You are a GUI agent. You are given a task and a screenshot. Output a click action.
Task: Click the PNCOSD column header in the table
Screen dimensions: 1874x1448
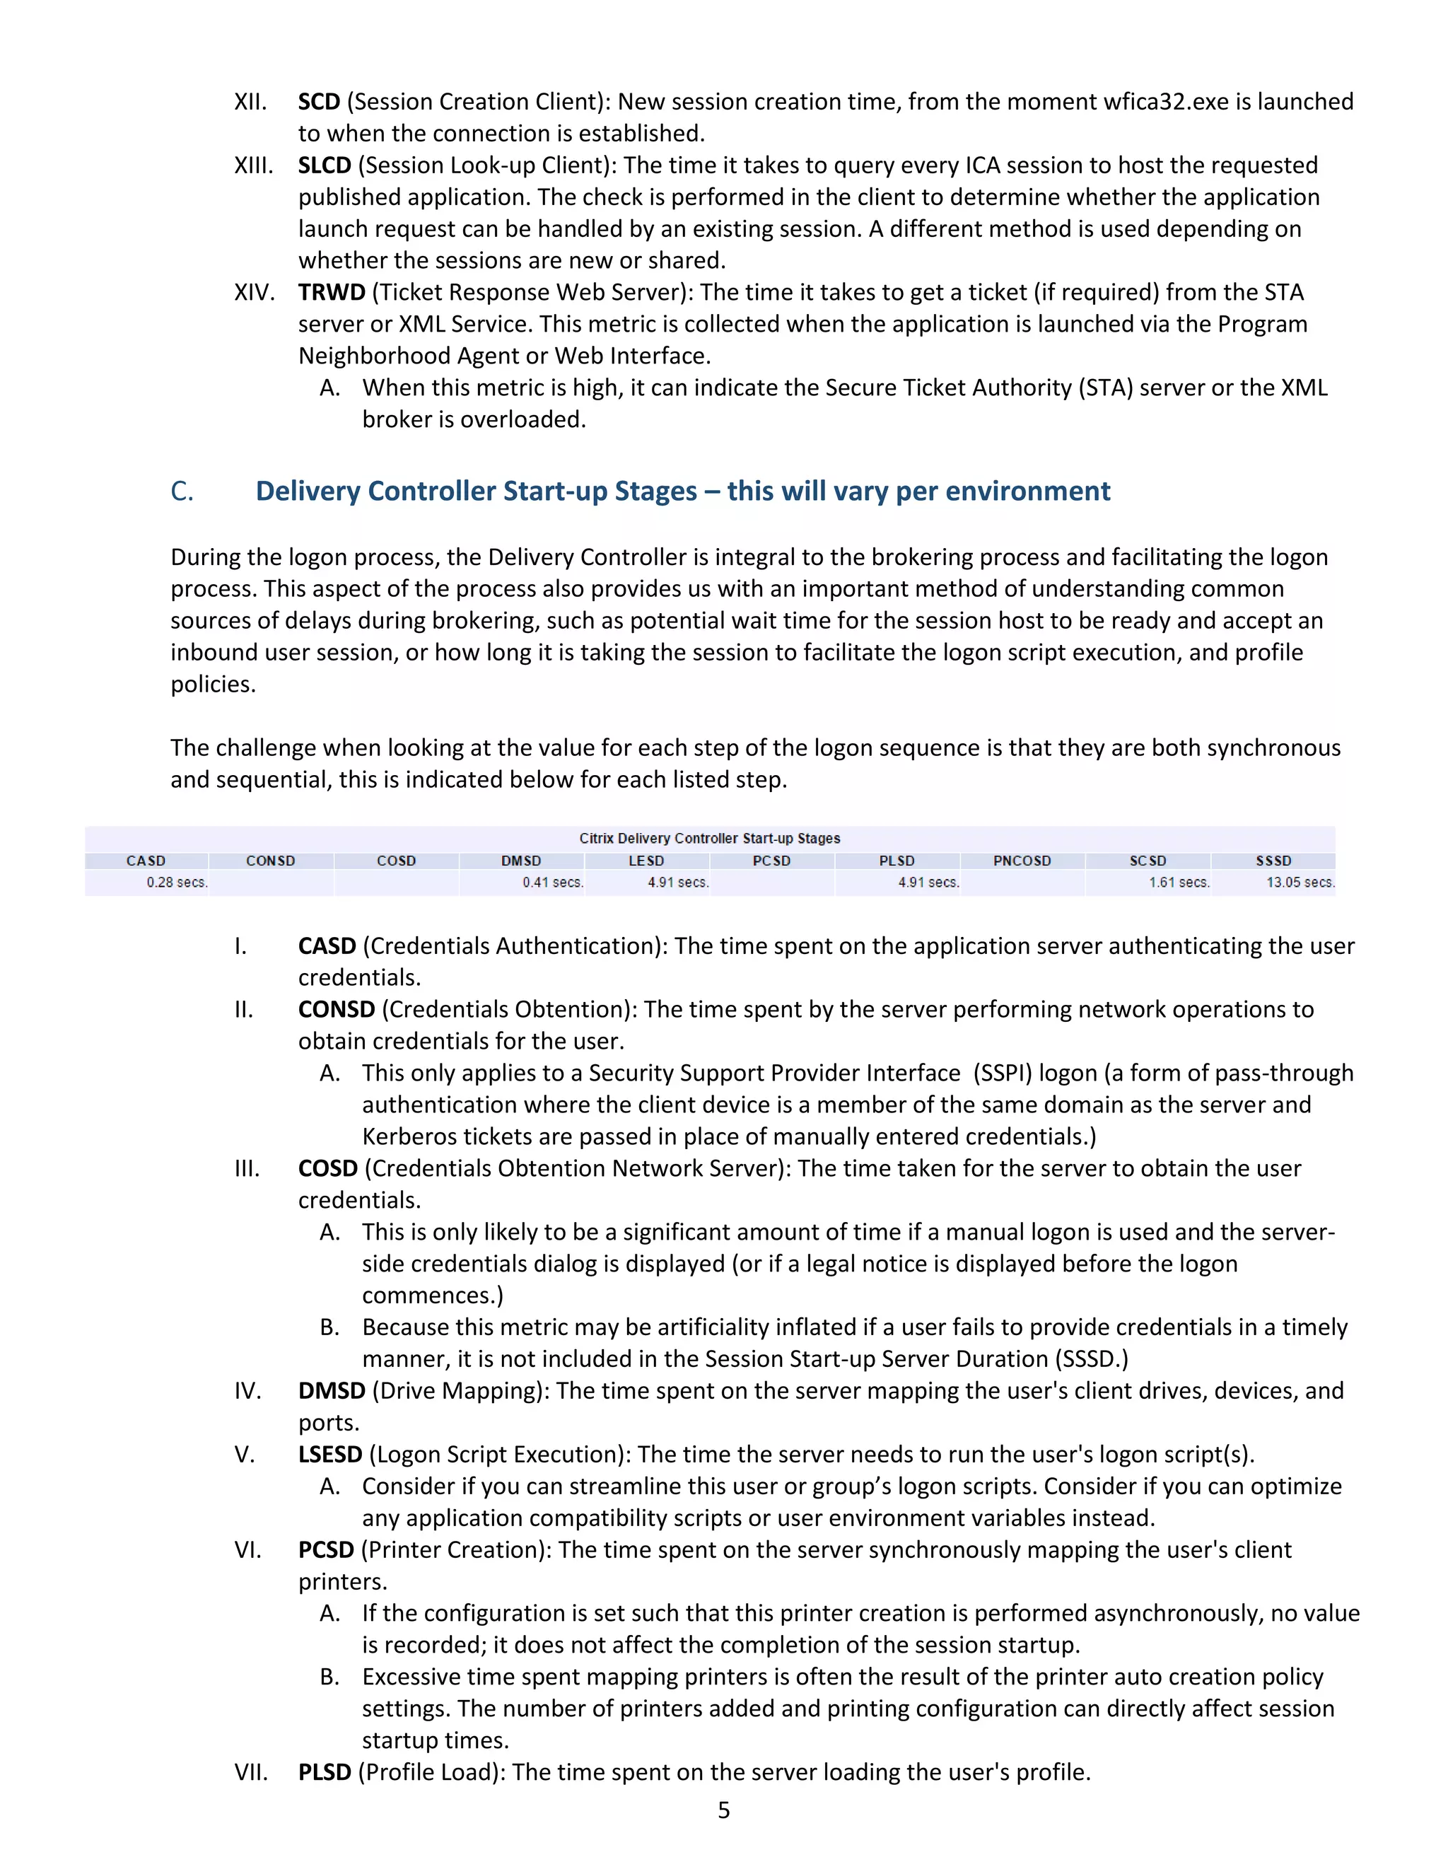click(x=1022, y=861)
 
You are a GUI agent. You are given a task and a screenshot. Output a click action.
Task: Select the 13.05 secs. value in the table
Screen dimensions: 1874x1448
click(x=1300, y=882)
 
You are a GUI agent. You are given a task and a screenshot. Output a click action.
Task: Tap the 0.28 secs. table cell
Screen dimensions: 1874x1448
click(x=177, y=882)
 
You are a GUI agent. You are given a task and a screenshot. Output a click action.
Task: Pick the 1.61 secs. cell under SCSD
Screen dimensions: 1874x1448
click(x=1179, y=882)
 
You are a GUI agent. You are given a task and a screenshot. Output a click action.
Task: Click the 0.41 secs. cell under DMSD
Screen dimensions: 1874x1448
click(x=552, y=882)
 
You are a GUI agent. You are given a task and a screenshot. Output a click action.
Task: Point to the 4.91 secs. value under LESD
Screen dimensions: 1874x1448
click(x=677, y=882)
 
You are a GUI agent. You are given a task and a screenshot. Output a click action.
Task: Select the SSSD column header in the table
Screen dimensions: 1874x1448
click(x=1273, y=861)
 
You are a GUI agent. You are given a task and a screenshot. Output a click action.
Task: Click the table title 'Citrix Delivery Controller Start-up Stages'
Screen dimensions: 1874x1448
click(x=709, y=838)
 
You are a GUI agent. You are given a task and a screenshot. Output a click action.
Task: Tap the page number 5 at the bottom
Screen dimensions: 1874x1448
click(x=724, y=1810)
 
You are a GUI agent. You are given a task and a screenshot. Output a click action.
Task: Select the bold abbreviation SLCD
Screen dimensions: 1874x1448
click(x=325, y=165)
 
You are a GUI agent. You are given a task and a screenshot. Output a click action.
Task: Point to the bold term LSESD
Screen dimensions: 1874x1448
click(x=330, y=1455)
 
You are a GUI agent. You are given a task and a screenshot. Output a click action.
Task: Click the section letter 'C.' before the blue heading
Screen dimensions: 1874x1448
click(x=182, y=491)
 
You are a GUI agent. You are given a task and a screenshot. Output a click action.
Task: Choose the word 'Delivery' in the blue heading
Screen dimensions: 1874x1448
click(x=308, y=491)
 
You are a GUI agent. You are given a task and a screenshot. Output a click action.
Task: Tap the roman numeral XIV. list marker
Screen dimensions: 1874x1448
click(x=254, y=293)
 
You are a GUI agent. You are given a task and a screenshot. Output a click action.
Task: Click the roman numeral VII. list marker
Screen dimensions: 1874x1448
click(x=250, y=1772)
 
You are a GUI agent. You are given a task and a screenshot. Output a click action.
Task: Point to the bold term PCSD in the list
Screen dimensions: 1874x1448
click(x=326, y=1549)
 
